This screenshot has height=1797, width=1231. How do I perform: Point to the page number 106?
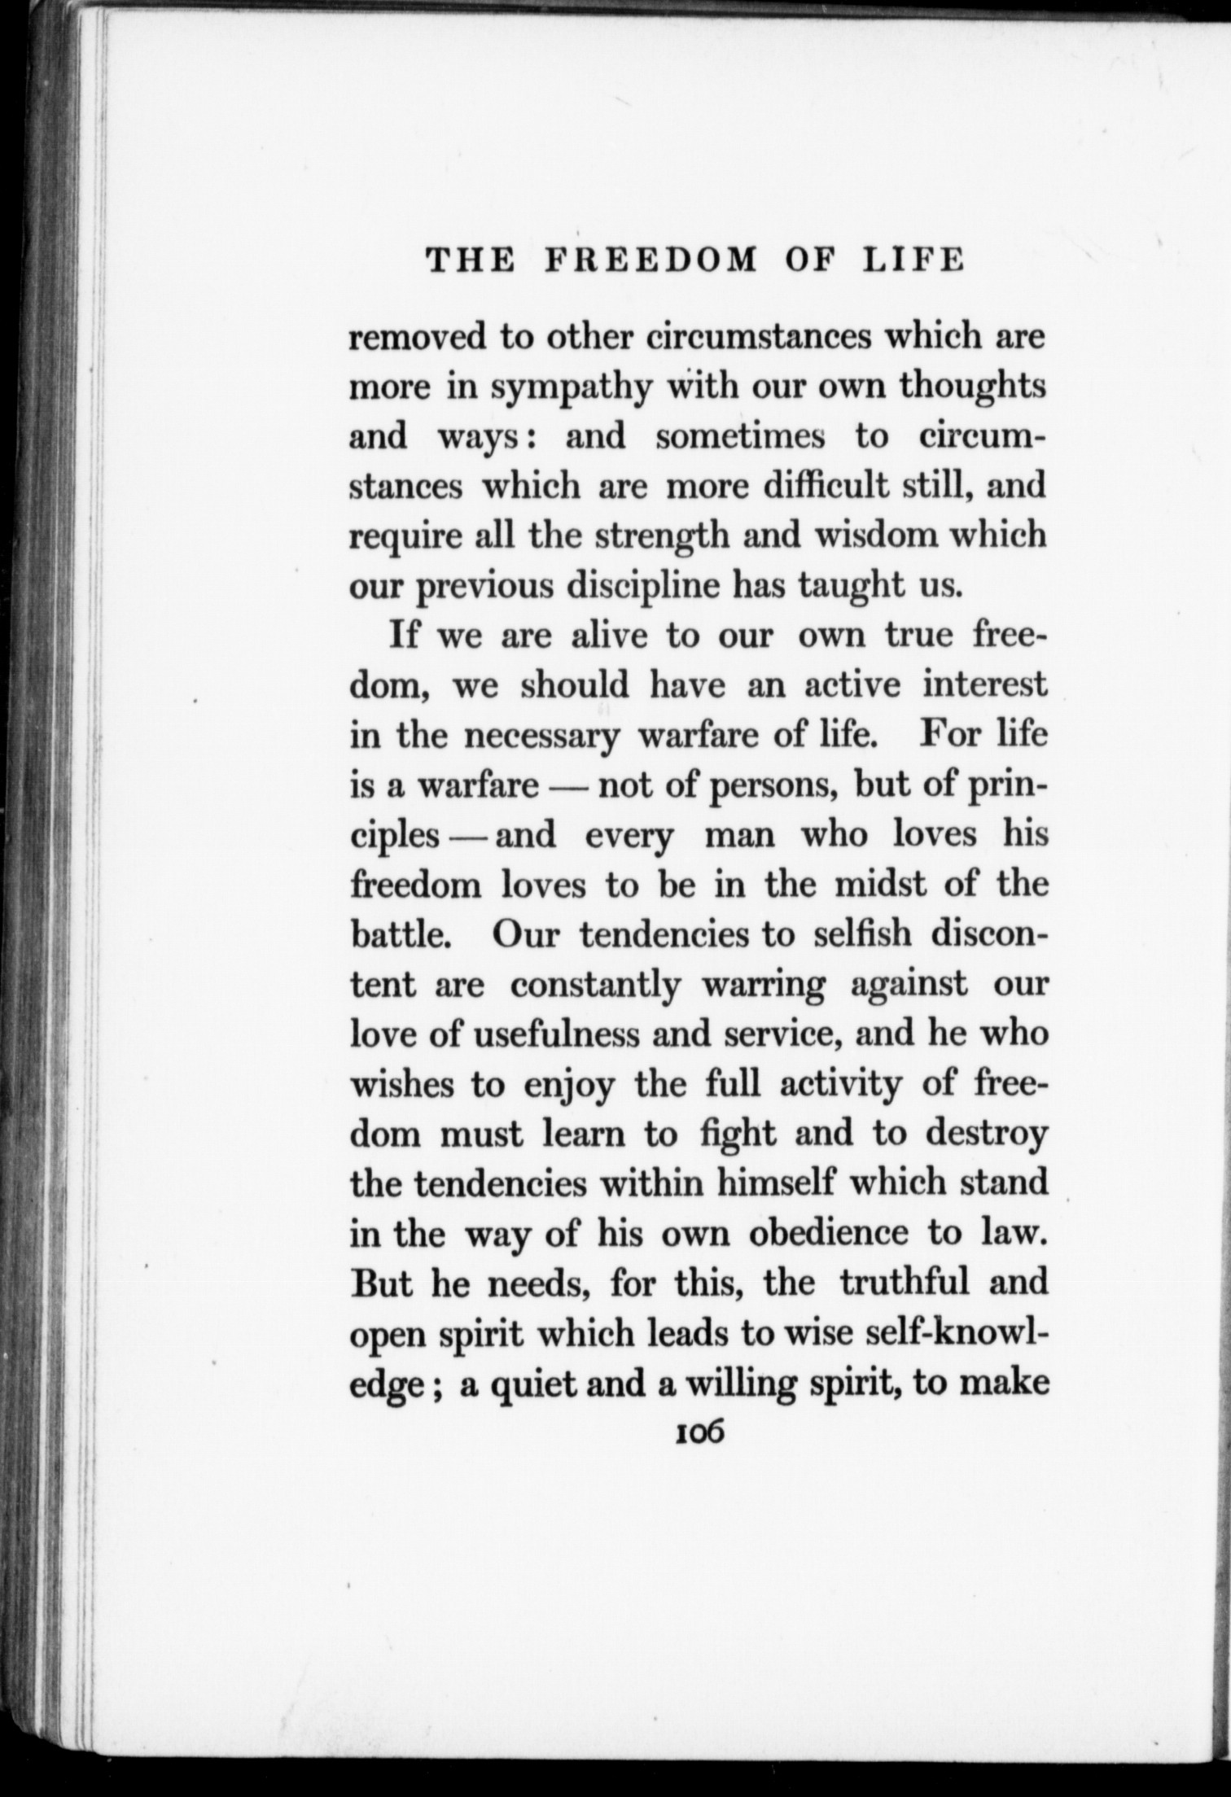pos(699,1431)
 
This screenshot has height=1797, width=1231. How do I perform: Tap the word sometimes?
pos(741,436)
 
